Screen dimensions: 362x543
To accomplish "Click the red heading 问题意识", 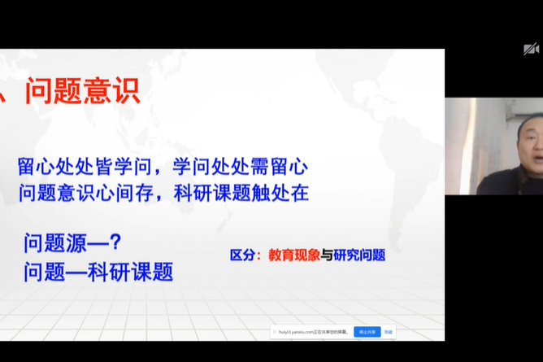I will [82, 90].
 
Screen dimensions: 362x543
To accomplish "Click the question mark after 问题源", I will [115, 243].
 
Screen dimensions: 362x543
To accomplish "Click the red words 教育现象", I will [294, 255].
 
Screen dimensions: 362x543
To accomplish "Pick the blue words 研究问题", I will [359, 255].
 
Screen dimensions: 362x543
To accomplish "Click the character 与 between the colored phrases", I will [327, 255].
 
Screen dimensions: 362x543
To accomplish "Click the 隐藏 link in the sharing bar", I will [389, 332].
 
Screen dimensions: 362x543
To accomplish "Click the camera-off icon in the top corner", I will [531, 49].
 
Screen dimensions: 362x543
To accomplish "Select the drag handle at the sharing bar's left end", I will [275, 332].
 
